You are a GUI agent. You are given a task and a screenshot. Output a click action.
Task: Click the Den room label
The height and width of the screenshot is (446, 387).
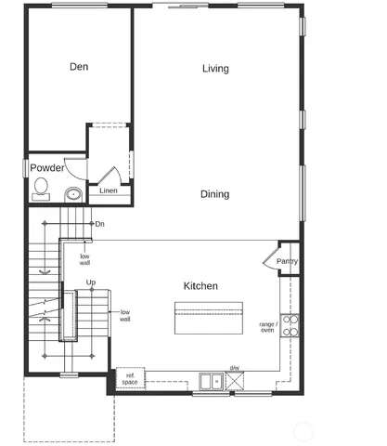click(x=79, y=67)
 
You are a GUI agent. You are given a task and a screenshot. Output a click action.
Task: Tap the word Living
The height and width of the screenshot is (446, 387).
click(x=215, y=69)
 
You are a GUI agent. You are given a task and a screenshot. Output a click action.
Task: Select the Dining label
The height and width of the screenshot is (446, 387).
click(x=215, y=194)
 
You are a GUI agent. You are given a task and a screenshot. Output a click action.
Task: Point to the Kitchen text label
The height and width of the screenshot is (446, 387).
click(x=200, y=286)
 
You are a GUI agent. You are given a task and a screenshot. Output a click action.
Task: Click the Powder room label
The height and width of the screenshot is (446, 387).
click(x=47, y=168)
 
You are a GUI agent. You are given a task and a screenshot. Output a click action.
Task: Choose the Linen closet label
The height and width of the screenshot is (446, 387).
click(x=109, y=190)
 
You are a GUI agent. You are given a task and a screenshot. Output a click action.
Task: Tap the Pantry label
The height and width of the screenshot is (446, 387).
click(x=288, y=262)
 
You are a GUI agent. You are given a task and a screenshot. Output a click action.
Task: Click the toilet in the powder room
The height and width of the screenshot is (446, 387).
click(x=41, y=190)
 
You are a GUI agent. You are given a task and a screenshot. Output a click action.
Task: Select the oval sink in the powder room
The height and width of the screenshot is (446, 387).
click(x=72, y=193)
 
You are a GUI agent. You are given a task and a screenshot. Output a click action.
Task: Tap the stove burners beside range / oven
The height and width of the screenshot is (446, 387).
click(x=290, y=325)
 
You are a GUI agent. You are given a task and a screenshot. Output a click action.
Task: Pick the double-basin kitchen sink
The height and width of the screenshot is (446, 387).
click(x=210, y=380)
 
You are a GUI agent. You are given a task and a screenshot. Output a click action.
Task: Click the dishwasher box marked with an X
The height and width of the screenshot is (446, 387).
click(x=235, y=380)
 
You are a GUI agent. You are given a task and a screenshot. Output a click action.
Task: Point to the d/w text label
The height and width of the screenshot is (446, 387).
click(x=235, y=368)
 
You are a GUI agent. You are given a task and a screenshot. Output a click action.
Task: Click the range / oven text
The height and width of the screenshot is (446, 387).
click(x=267, y=326)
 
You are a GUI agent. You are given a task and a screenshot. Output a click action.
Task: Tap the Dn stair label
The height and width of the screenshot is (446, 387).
click(x=99, y=224)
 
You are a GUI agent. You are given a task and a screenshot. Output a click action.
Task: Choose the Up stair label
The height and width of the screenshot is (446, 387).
click(x=91, y=282)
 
